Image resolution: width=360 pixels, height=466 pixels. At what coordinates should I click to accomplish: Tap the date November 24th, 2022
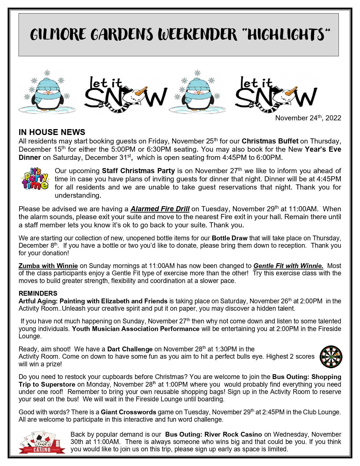pyautogui.click(x=308, y=118)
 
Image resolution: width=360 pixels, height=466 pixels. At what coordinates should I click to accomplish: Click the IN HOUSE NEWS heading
pyautogui.click(x=52, y=132)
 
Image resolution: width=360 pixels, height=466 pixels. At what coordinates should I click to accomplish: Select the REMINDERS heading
pyautogui.click(x=38, y=293)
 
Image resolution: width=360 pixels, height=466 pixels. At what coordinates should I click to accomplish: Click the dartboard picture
pyautogui.click(x=331, y=357)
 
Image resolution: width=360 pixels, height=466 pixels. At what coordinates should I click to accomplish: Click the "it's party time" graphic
pyautogui.click(x=35, y=179)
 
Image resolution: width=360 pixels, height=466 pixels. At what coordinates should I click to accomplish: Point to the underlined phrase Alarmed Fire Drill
pyautogui.click(x=160, y=209)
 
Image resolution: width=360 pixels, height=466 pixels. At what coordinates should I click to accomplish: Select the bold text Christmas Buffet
pyautogui.click(x=270, y=141)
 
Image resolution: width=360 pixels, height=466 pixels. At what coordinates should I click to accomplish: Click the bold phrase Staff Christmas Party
pyautogui.click(x=138, y=171)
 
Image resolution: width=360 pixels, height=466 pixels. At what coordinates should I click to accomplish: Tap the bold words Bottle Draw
pyautogui.click(x=230, y=238)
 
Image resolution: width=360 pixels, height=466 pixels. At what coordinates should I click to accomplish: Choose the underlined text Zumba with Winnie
pyautogui.click(x=48, y=266)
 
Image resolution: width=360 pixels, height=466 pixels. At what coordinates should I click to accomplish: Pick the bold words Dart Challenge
pyautogui.click(x=130, y=349)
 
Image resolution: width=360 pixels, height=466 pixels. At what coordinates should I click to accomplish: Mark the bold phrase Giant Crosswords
pyautogui.click(x=128, y=412)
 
